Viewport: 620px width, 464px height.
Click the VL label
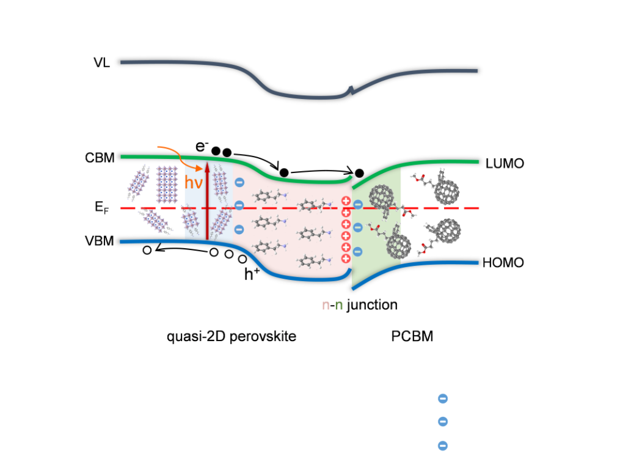tap(102, 62)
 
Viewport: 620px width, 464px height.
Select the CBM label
tap(100, 158)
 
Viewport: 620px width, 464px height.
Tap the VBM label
tap(100, 240)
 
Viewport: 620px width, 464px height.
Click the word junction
tap(372, 304)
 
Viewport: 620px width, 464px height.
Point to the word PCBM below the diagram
tap(412, 336)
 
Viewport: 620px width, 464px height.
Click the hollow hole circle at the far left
tap(147, 250)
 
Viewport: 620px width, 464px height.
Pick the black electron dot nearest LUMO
tap(360, 172)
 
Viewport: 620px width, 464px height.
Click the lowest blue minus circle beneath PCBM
tap(443, 446)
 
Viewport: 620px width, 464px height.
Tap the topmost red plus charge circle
tap(346, 201)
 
